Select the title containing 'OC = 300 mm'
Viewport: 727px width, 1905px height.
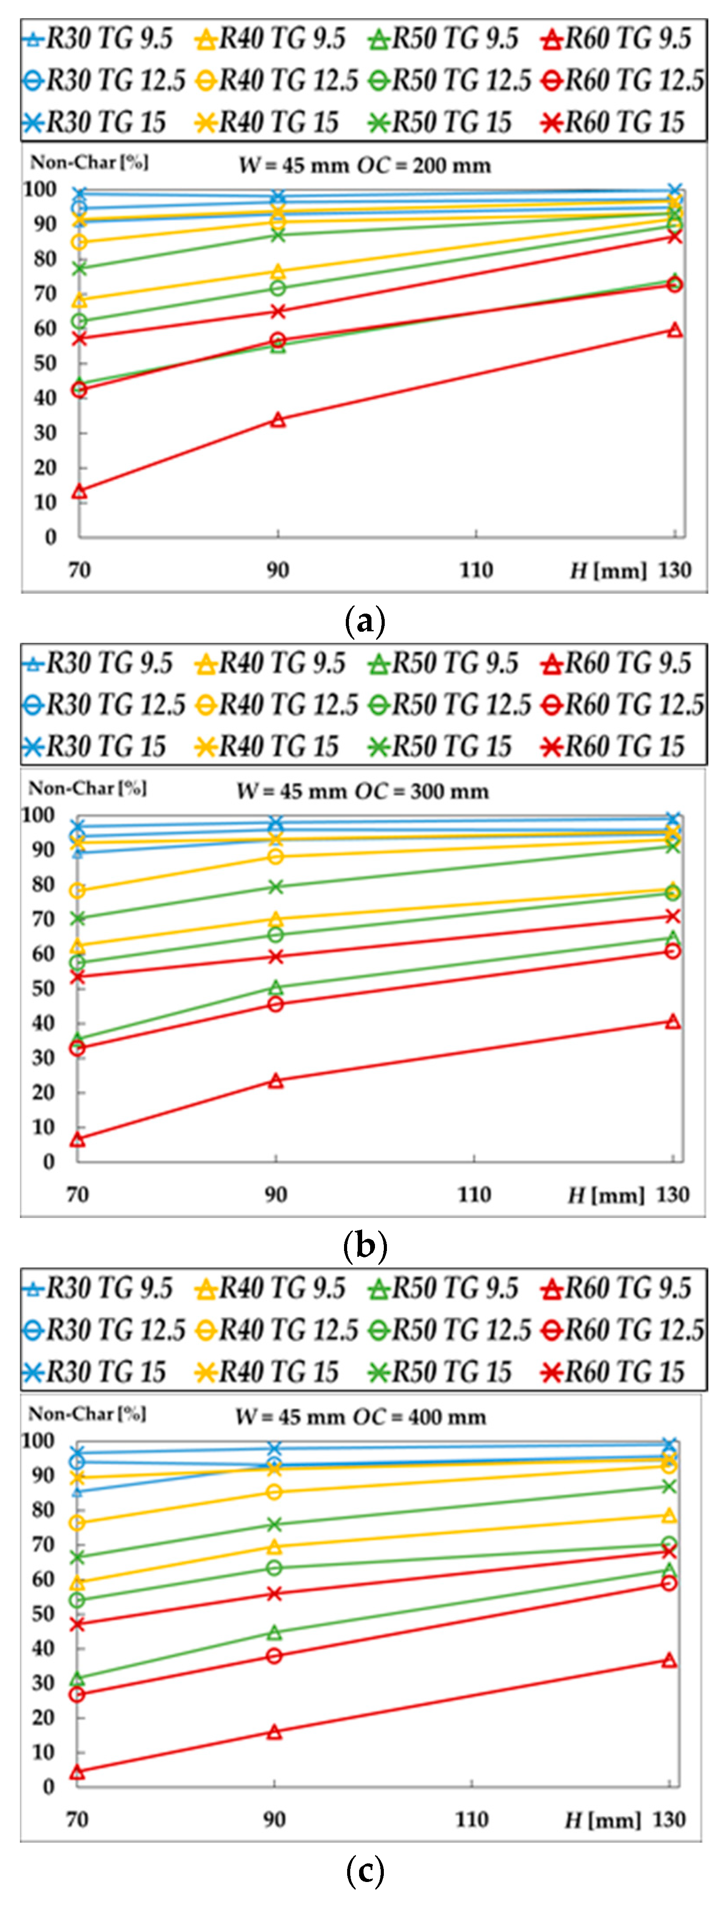[x=362, y=791]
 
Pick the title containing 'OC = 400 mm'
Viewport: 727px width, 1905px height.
[x=361, y=1417]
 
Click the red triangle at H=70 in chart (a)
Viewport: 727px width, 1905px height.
[x=79, y=491]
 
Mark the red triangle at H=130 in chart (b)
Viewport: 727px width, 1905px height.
[x=672, y=1022]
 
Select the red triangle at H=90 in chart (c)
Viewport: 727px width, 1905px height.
[x=274, y=1732]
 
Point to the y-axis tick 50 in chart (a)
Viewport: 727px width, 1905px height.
[x=44, y=363]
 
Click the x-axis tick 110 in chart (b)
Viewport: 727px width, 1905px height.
[x=474, y=1194]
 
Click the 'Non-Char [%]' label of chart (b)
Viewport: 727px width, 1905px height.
[x=87, y=788]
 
